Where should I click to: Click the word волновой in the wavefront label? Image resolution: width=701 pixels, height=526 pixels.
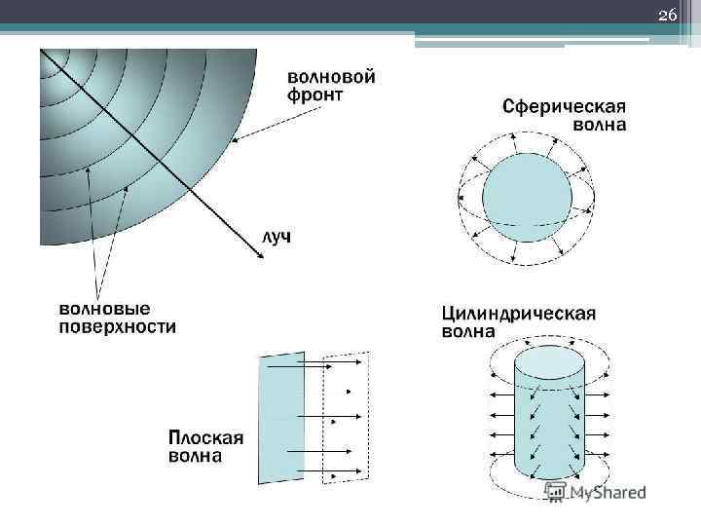point(331,75)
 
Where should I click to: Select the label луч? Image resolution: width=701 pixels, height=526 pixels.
point(277,237)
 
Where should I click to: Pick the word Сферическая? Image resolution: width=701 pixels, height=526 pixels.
point(564,105)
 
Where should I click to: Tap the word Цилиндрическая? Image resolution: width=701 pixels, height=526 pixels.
point(519,313)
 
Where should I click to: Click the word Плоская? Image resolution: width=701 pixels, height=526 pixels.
point(205,435)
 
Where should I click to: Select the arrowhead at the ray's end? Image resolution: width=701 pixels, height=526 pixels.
point(261,256)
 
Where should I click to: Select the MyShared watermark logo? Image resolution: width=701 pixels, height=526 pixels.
point(595,493)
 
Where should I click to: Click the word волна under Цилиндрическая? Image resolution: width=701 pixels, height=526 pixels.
point(468,331)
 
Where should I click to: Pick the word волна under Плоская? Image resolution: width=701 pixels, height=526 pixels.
point(194,455)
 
